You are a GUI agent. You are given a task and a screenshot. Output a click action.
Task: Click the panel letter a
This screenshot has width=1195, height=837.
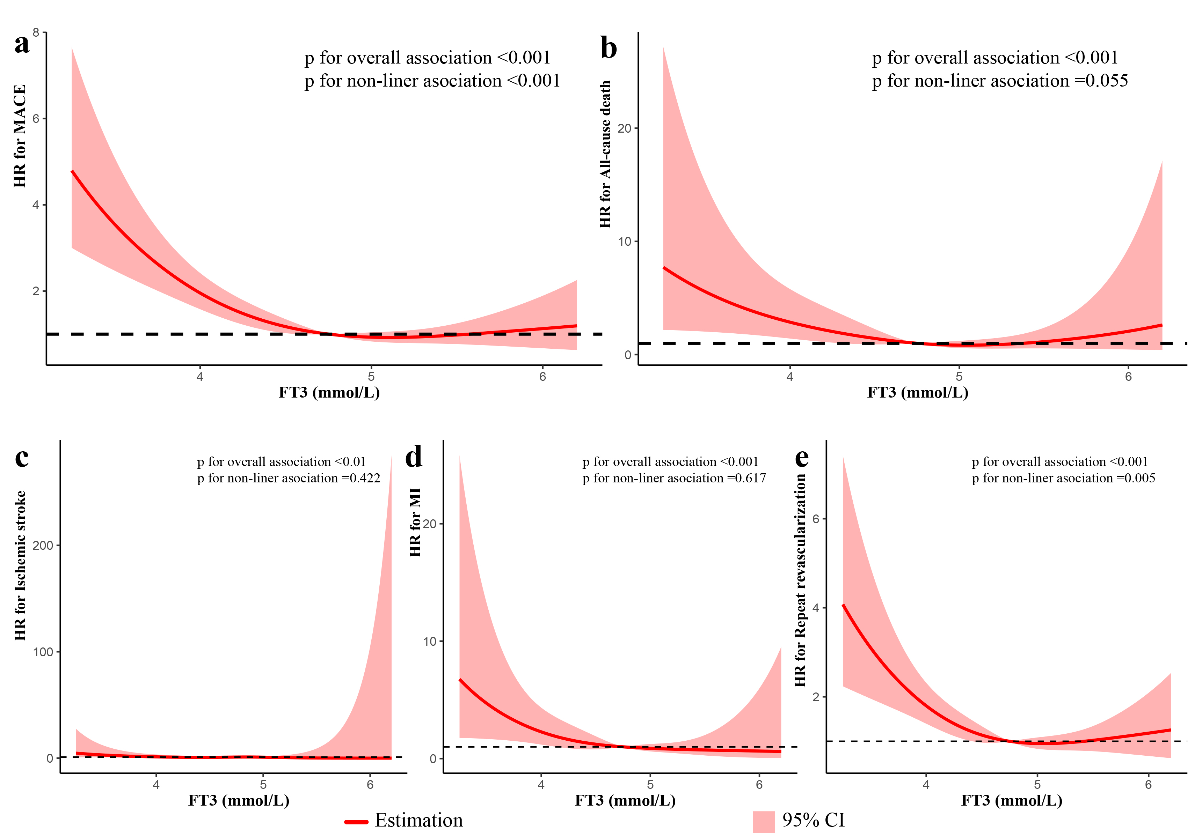point(21,44)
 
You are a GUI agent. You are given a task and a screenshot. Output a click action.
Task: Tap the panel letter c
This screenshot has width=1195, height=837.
point(21,458)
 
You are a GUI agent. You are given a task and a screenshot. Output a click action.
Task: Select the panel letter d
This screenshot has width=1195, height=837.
point(414,458)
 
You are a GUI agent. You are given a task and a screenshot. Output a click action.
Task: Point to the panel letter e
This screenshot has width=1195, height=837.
point(802,458)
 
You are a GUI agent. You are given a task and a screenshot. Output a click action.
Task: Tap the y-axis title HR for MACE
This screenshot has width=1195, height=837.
point(20,136)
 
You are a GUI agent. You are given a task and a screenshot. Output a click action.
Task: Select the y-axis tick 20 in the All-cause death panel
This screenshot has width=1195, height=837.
point(624,128)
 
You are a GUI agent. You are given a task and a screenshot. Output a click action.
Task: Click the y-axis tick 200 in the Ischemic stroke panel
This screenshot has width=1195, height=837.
point(43,546)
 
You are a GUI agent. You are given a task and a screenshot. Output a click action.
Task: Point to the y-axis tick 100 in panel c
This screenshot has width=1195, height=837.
point(43,652)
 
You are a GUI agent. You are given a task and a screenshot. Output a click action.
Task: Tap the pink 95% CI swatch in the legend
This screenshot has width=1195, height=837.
point(764,821)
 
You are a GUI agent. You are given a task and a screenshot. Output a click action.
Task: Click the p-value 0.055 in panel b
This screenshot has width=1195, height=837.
point(1107,81)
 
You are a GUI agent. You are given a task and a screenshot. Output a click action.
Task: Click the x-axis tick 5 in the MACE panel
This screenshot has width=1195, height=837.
point(371,377)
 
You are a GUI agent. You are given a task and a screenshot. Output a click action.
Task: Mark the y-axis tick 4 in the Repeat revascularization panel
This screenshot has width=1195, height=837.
point(816,608)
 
